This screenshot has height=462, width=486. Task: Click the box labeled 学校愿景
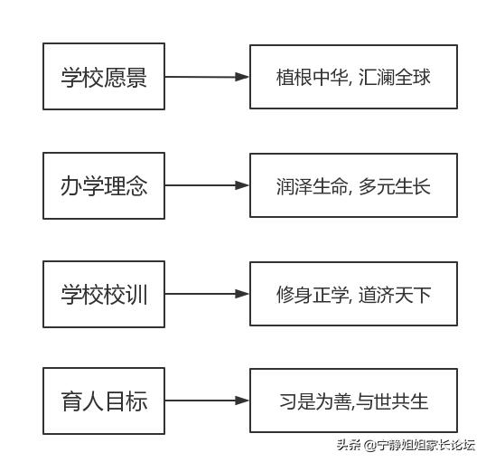point(104,77)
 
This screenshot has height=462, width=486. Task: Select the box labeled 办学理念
point(104,185)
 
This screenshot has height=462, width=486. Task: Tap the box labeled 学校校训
point(104,294)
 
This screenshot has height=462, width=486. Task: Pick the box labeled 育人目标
point(104,401)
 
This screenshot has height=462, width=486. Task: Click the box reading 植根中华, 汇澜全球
point(353,77)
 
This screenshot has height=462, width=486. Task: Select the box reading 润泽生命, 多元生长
point(353,185)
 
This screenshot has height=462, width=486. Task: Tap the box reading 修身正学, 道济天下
point(353,294)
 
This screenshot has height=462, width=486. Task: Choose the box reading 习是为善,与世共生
point(353,401)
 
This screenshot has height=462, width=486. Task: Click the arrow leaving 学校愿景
point(207,77)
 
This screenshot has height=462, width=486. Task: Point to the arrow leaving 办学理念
point(207,185)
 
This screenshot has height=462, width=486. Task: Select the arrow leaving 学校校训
point(207,294)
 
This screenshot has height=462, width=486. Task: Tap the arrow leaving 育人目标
point(207,401)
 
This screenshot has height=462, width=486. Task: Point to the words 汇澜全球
point(394,77)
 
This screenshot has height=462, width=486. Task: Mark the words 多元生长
point(394,185)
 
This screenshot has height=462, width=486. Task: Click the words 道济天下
point(394,294)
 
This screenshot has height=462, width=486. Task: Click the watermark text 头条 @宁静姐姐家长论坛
point(406,445)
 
